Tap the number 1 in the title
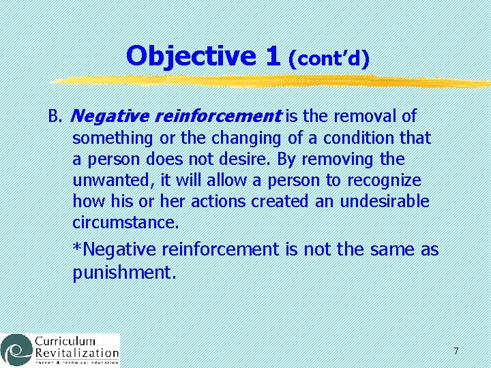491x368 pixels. [x=273, y=57]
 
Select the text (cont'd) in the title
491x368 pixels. [x=329, y=59]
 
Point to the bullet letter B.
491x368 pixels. [x=55, y=117]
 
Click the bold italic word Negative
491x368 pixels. [x=103, y=117]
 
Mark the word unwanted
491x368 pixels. [x=106, y=181]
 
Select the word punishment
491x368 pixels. [x=124, y=273]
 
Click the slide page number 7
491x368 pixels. [x=456, y=351]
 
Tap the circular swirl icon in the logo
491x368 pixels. [x=16, y=350]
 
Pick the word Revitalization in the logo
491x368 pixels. [x=77, y=354]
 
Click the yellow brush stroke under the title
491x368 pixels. [x=273, y=82]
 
